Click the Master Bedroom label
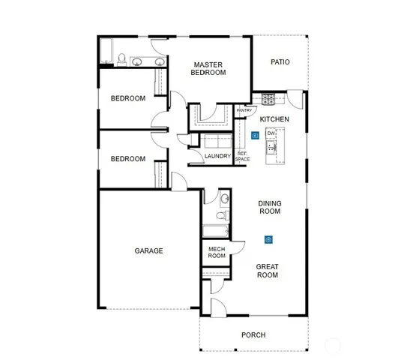tap(208, 69)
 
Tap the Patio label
tap(280, 62)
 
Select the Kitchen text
tap(274, 119)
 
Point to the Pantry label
tap(244, 110)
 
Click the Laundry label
tap(217, 156)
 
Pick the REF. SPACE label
tap(243, 156)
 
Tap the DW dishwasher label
tap(271, 134)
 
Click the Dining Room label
tap(269, 207)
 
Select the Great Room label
tap(268, 271)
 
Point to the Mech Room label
tap(217, 252)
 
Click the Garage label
tap(148, 250)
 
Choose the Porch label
tap(254, 334)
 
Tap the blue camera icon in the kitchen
tap(255, 136)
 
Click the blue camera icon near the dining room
tap(268, 240)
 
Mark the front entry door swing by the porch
tap(218, 305)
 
